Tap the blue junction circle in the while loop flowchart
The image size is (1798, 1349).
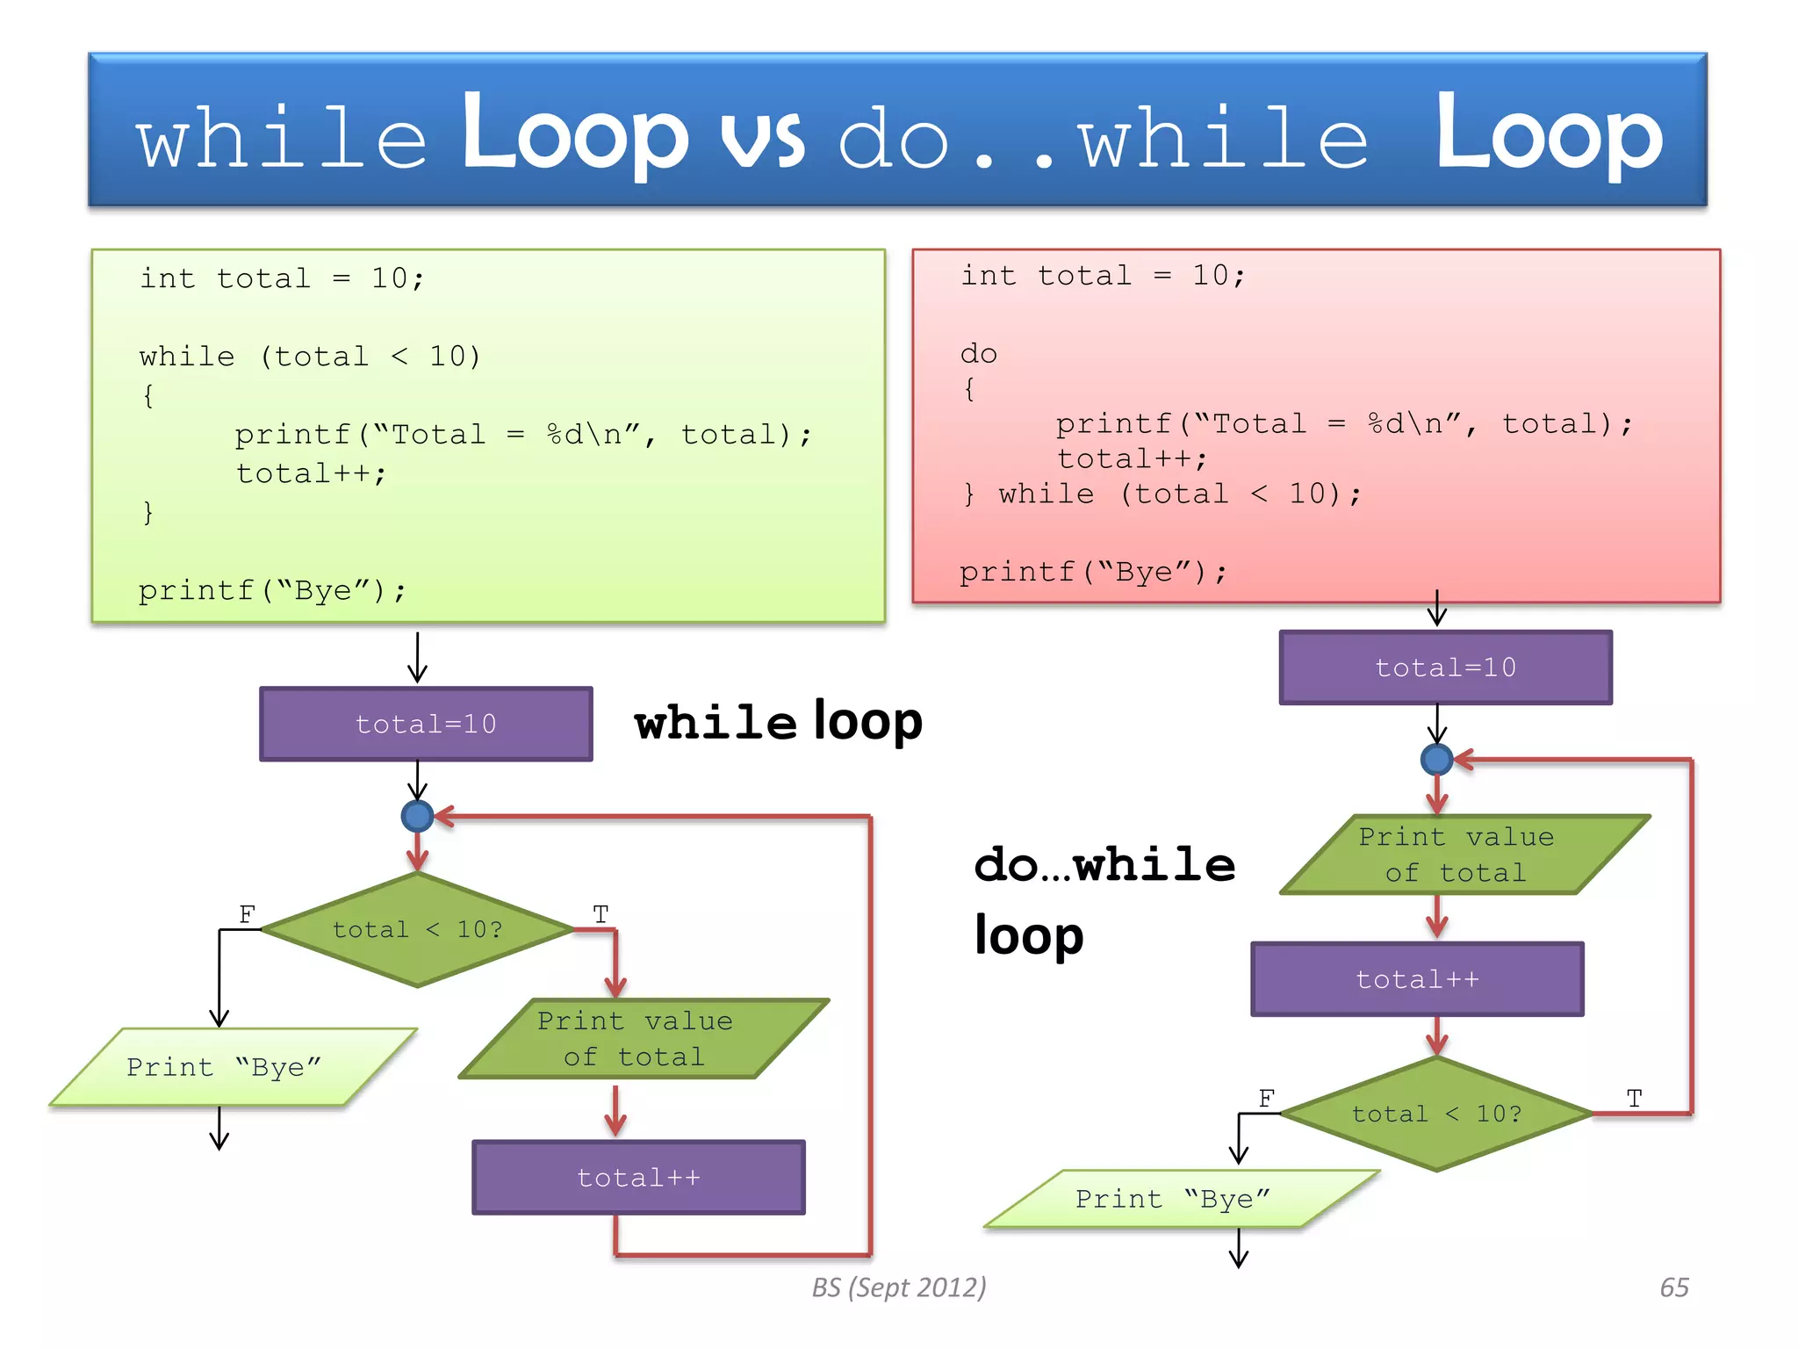[417, 816]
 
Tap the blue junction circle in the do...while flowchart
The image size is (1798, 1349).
[1436, 759]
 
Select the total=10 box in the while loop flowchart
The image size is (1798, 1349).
[426, 724]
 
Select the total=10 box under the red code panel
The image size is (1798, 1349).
[1445, 667]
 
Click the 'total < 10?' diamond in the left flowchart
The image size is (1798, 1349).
[417, 929]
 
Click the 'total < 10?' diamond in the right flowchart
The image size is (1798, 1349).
[1436, 1114]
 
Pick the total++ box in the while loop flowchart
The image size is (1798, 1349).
[638, 1178]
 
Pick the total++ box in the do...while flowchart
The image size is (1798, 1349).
[1417, 979]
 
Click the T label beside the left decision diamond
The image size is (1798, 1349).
[601, 914]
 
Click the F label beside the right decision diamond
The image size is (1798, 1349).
[1266, 1099]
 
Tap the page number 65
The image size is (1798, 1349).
[1673, 1288]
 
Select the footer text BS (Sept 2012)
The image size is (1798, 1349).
[898, 1288]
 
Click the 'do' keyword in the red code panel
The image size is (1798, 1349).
[978, 354]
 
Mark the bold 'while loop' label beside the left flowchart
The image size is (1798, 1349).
[778, 722]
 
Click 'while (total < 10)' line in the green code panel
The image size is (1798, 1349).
[310, 357]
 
